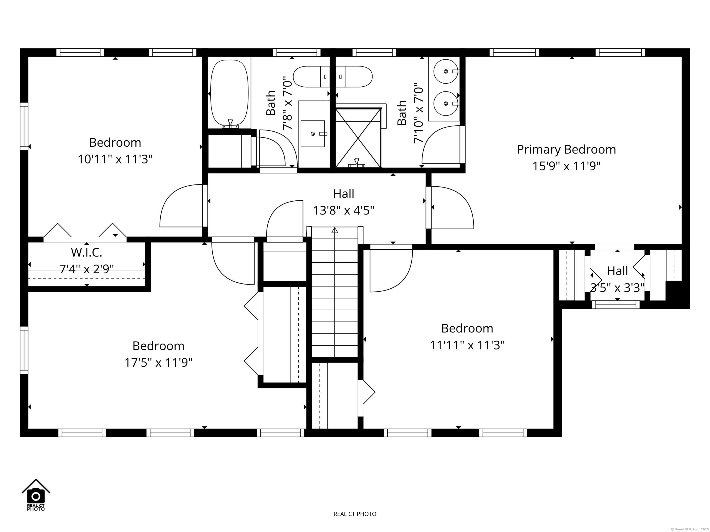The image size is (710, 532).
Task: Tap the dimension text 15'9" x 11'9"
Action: click(566, 166)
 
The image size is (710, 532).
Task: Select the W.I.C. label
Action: click(87, 253)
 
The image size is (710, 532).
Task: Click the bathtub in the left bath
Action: click(229, 93)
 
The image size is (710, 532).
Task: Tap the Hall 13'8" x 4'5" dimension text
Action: click(343, 211)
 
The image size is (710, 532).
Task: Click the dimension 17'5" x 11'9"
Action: click(159, 363)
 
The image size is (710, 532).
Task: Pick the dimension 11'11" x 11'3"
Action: click(467, 345)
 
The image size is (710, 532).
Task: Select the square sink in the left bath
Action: click(313, 134)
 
